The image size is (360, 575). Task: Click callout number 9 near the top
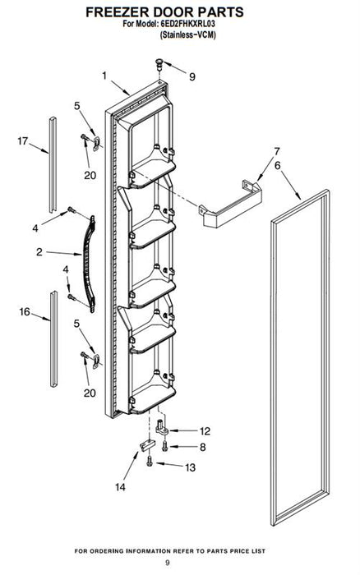tap(192, 76)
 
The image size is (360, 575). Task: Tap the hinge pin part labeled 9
tap(159, 65)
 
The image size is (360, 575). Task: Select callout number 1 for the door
tap(104, 76)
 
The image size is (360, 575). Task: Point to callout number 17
tap(23, 140)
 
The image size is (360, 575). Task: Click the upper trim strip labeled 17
tap(53, 164)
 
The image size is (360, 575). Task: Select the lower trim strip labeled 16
tap(54, 338)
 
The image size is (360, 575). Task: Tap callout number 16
tap(25, 311)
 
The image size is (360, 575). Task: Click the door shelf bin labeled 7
tap(230, 205)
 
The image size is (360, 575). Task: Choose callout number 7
tap(277, 151)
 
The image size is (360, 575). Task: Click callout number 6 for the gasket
tap(278, 166)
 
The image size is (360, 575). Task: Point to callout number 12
tap(205, 431)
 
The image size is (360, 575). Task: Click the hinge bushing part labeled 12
tap(162, 428)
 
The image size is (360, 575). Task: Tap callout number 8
tap(202, 447)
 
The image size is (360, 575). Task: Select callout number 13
tap(190, 467)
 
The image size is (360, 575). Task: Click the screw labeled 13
tap(149, 461)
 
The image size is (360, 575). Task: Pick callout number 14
tap(120, 487)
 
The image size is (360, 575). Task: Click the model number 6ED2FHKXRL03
tap(187, 24)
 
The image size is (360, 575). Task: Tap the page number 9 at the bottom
tap(168, 563)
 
